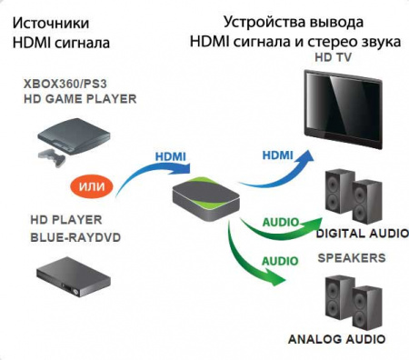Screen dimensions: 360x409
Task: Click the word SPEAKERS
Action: (x=351, y=258)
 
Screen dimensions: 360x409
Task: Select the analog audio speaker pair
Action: (x=353, y=304)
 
